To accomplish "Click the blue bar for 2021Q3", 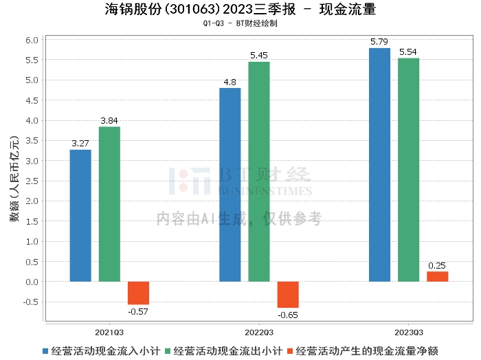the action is [80, 216].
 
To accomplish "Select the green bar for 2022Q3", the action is [259, 172].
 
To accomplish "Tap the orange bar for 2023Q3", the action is [438, 277].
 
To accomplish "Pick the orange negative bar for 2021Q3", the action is [138, 293].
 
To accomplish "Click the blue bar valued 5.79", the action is [379, 165].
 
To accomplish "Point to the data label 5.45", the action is [259, 56].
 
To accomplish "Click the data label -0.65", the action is [288, 315].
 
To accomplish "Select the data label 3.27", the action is [80, 143].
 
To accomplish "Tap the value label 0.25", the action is [437, 265].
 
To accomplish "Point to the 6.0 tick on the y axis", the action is [32, 40].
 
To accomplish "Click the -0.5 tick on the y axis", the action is [31, 302].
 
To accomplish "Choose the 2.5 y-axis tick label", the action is [32, 181].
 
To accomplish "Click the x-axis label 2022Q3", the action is [259, 333].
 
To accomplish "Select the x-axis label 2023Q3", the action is [409, 333].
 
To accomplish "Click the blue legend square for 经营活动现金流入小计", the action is [45, 351].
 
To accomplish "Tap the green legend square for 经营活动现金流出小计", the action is [168, 351].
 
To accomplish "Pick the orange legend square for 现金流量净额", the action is [290, 351].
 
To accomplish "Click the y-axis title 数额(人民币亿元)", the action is [14, 179].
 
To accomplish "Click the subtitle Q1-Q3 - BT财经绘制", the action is [240, 23].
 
